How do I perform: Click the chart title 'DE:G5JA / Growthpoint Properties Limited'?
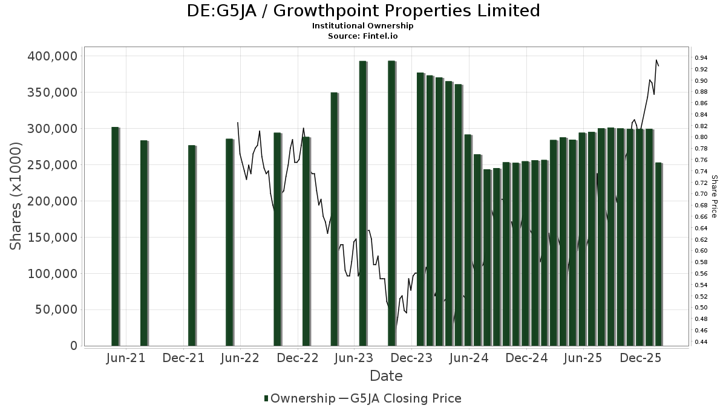click(363, 11)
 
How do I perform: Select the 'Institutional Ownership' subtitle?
click(363, 26)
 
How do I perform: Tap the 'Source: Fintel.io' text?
click(363, 36)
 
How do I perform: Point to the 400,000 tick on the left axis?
click(53, 56)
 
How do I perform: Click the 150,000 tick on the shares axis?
click(53, 238)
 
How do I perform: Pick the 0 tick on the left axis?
click(73, 346)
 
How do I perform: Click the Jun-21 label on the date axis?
click(126, 358)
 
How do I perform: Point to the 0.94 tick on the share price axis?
click(702, 58)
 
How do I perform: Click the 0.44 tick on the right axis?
click(702, 342)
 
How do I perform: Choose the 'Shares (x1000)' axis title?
click(16, 196)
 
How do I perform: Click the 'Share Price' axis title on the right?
click(715, 196)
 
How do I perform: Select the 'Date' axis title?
click(386, 376)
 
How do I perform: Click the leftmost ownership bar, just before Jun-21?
click(115, 236)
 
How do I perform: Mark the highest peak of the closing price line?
click(656, 60)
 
